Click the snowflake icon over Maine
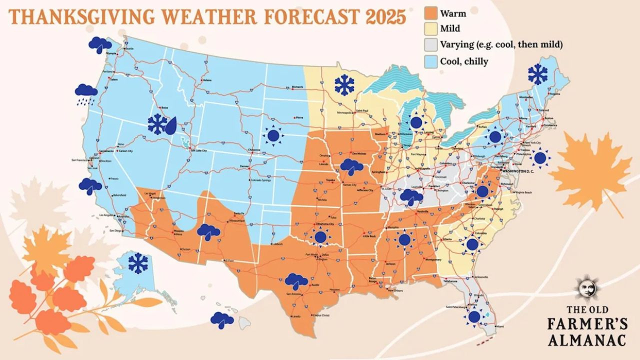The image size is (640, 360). (537, 74)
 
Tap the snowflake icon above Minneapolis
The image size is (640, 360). (344, 85)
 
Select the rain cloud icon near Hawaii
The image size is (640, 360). (222, 319)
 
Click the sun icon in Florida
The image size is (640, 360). (474, 317)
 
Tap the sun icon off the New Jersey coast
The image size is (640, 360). (540, 158)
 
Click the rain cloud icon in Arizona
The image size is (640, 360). (208, 232)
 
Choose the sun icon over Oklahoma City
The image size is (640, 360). (320, 237)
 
